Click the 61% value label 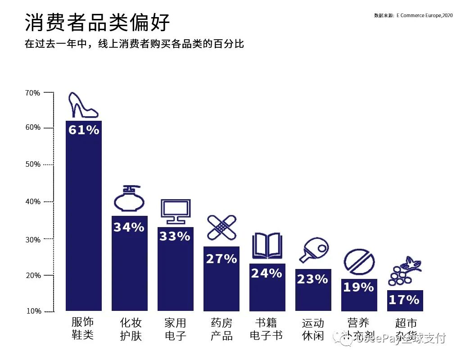84,130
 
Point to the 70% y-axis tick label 32,93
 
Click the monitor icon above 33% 176,211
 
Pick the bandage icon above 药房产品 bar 221,228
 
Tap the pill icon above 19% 359,262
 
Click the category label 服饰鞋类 83,329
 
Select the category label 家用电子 175,329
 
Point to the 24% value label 267,273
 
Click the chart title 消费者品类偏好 98,22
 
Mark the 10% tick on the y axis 32,311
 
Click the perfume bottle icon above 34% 129,199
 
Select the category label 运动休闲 313,329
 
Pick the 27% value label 221,259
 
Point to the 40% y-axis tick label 32,201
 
